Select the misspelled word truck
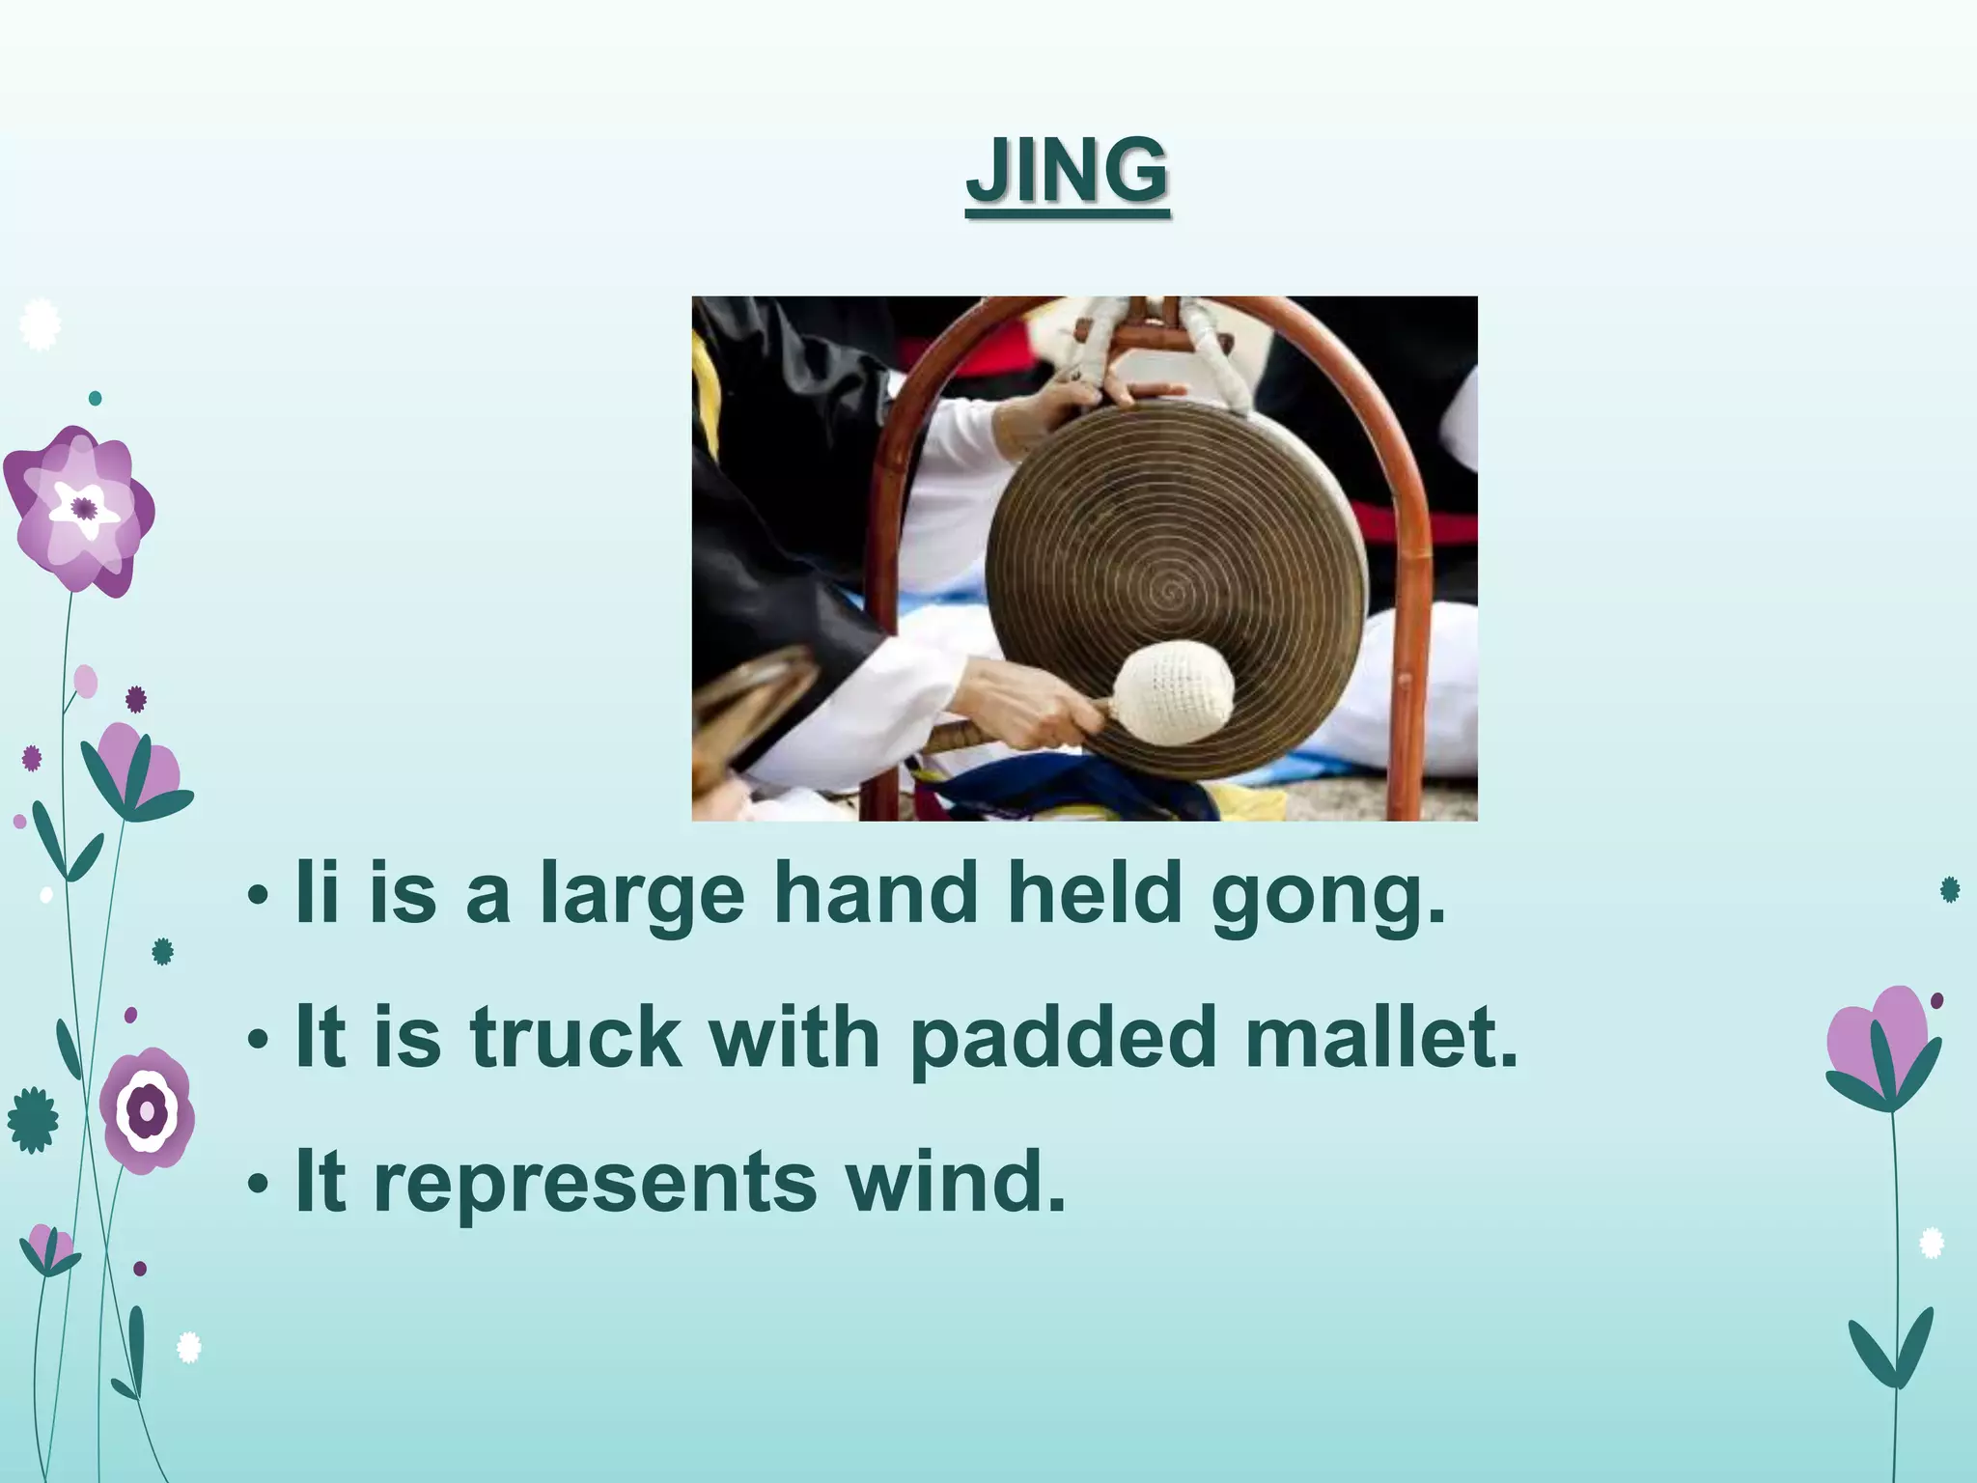(x=575, y=1038)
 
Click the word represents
(x=595, y=1182)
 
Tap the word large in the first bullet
(x=642, y=896)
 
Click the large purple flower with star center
(x=80, y=509)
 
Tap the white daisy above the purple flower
(x=40, y=324)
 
